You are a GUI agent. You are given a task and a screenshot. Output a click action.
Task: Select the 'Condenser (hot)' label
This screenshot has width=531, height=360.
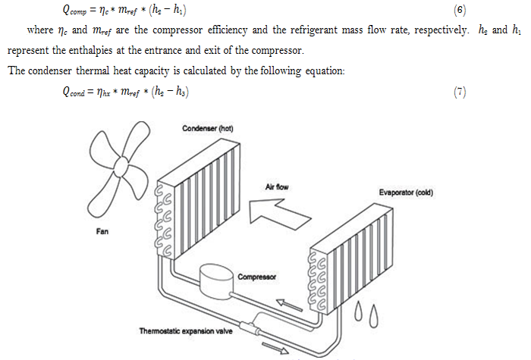[207, 128]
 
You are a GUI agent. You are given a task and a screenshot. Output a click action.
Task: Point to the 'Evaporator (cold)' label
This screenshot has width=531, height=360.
[405, 193]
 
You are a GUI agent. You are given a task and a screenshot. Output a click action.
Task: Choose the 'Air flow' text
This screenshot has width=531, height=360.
[276, 186]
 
